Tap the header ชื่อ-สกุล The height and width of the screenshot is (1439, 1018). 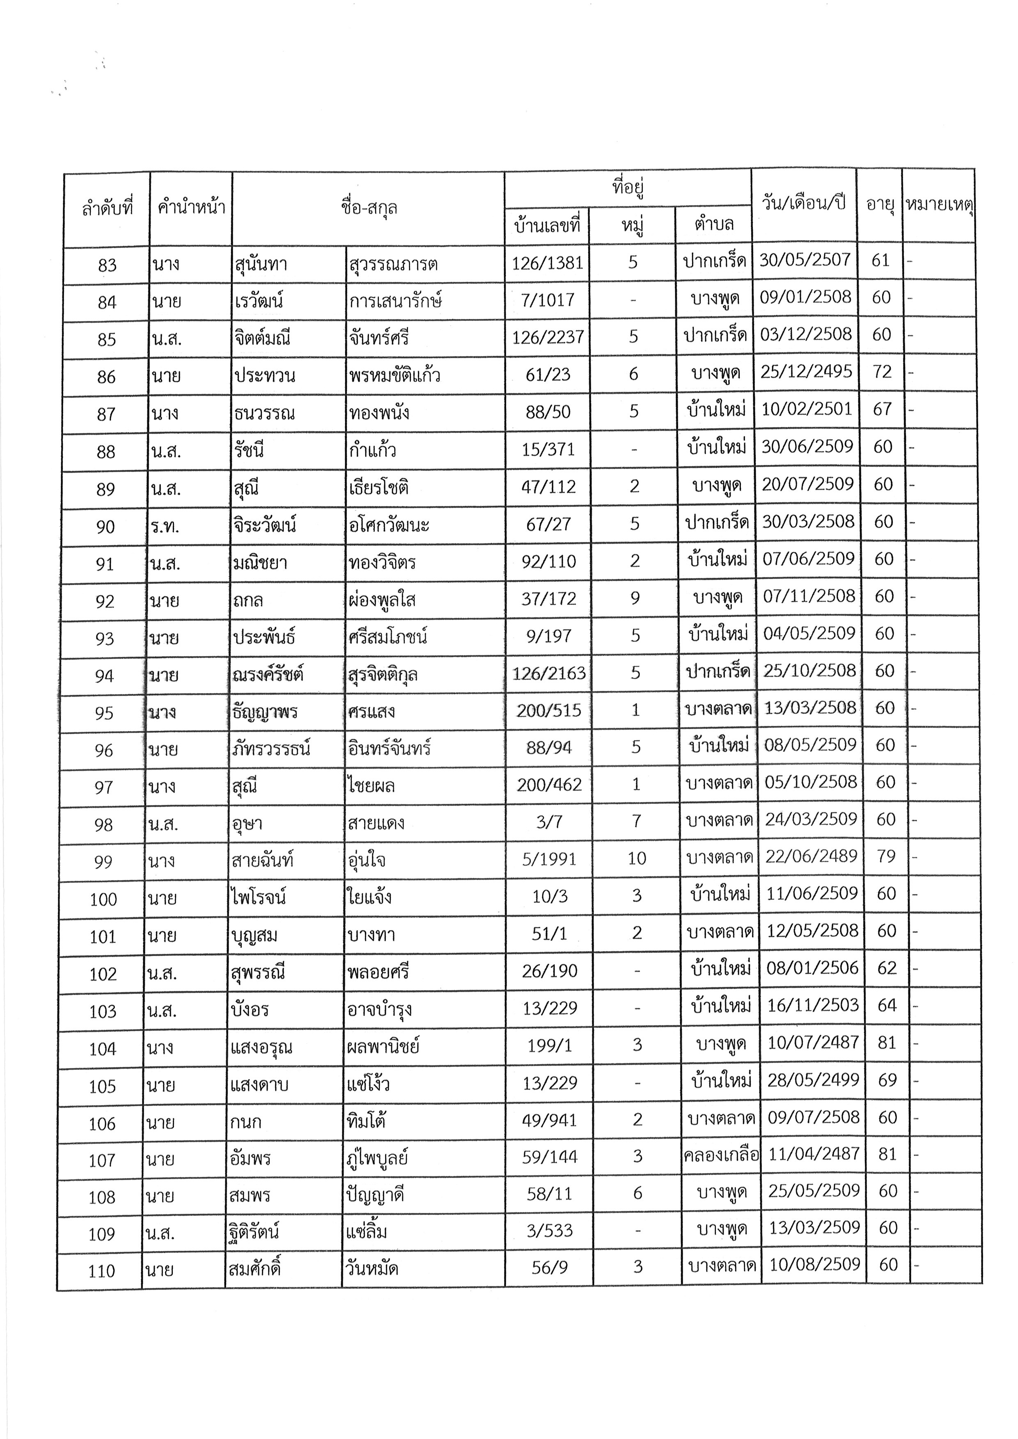click(369, 208)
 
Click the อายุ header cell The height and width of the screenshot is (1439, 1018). click(880, 204)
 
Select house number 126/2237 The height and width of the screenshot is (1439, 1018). click(548, 337)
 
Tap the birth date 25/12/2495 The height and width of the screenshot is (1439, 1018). click(806, 372)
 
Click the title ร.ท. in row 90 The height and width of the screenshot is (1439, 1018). click(165, 526)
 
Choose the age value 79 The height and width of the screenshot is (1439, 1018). click(886, 856)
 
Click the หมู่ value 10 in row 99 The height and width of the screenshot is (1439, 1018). click(636, 859)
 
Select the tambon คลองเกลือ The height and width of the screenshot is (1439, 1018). click(721, 1155)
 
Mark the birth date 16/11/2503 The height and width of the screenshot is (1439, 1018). click(812, 1005)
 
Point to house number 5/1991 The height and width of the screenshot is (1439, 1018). click(549, 859)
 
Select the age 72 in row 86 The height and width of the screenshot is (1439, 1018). click(882, 372)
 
